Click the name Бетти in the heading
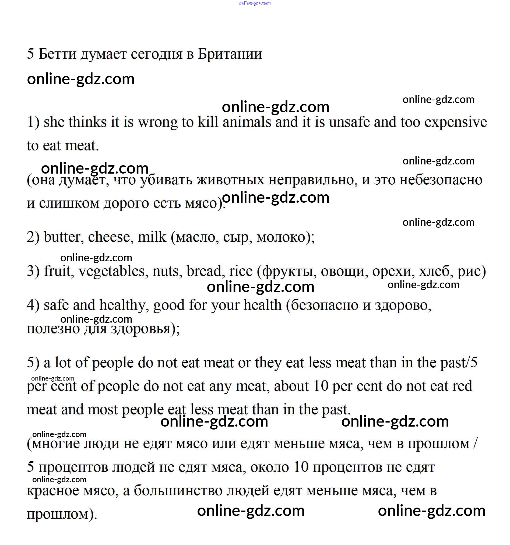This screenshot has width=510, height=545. [57, 54]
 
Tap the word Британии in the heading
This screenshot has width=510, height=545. [230, 54]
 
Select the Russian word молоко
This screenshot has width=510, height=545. [281, 237]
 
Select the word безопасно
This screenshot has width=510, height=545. [324, 305]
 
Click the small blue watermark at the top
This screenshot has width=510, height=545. [255, 3]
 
